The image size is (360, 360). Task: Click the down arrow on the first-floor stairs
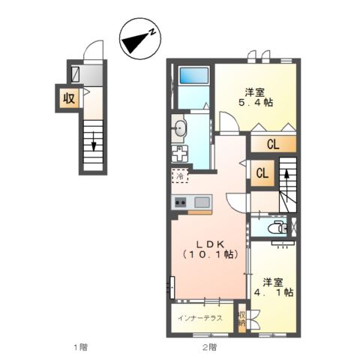coord(94,140)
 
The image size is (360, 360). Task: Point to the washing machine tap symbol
coord(181,153)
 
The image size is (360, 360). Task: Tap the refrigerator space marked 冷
coord(180,176)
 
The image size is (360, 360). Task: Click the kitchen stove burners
coord(181,202)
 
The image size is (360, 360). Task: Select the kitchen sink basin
coord(202,202)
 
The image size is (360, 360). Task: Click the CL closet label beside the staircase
coord(262,172)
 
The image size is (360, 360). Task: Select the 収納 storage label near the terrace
coord(241,318)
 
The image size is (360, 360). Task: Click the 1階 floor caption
coord(80,347)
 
